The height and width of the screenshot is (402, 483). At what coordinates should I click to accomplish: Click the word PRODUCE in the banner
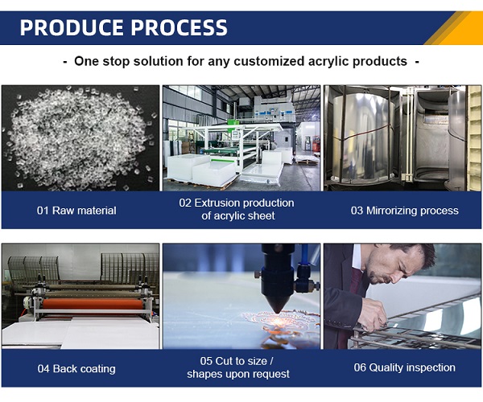72,27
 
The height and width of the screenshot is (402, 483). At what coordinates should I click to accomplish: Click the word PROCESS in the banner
180,27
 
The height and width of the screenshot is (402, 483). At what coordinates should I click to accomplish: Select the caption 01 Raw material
76,211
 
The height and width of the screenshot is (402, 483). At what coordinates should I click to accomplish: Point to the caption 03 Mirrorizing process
404,211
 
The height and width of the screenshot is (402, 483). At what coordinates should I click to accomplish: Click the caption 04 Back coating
76,368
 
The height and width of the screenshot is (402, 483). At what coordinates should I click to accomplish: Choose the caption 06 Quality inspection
404,367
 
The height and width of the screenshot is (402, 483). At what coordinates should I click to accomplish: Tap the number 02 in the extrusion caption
185,203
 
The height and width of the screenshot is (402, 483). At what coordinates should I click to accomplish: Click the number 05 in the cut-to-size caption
206,361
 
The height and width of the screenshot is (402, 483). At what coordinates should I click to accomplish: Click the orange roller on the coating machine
93,304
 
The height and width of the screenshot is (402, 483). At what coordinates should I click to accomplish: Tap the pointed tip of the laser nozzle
277,311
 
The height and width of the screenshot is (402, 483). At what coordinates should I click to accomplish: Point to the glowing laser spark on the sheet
278,322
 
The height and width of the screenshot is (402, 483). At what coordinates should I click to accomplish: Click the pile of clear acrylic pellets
80,138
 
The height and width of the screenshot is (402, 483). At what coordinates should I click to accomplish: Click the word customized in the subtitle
269,61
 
